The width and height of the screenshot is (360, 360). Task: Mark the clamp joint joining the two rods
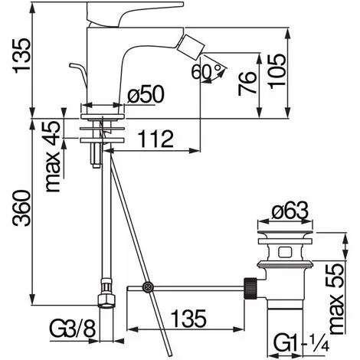pyautogui.click(x=146, y=287)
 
